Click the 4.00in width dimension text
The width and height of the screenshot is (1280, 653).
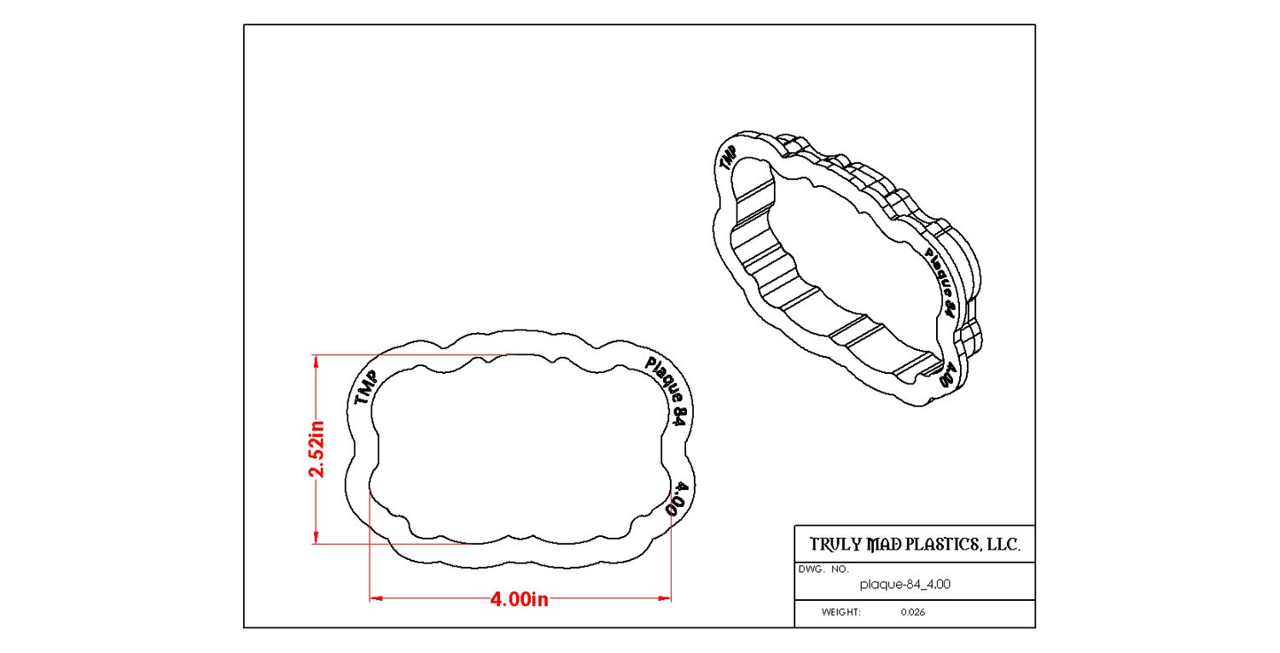coord(519,599)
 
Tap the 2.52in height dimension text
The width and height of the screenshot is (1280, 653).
coord(316,449)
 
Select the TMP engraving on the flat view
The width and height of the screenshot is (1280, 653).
coord(366,388)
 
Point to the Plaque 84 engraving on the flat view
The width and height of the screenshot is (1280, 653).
coord(666,391)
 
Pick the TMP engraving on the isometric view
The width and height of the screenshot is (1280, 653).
coord(727,158)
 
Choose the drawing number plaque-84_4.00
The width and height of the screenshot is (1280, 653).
coord(905,585)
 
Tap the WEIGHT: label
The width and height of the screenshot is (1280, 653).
coord(841,612)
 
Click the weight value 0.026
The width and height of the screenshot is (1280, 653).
coord(912,612)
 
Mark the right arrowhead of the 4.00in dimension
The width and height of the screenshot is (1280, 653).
coord(665,598)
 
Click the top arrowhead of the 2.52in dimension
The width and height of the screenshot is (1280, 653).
coord(316,362)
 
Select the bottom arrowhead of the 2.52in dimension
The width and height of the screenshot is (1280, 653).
coord(316,537)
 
